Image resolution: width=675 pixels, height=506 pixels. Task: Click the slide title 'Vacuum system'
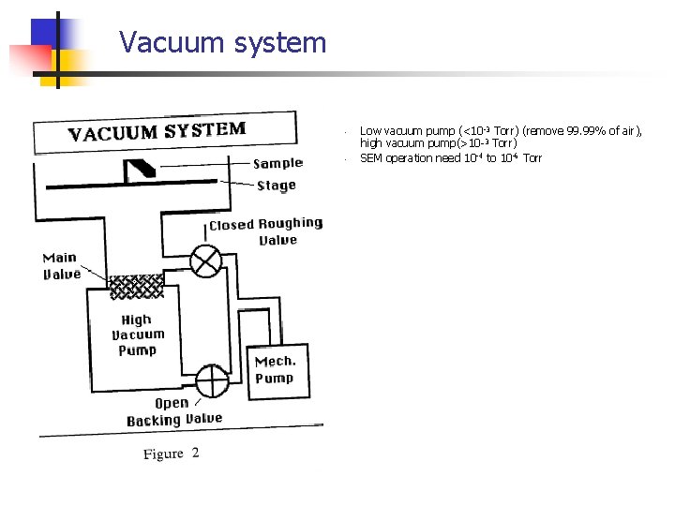[223, 43]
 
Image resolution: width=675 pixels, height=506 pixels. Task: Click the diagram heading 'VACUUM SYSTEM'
[157, 131]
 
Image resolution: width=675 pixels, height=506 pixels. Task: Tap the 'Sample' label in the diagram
[278, 164]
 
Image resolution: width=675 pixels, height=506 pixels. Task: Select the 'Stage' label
[277, 186]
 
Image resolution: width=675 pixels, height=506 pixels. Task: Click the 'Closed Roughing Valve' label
[266, 232]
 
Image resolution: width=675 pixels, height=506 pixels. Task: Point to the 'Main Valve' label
[62, 266]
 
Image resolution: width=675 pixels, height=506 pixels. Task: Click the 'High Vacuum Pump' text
[137, 335]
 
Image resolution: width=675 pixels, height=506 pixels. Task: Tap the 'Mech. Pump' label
[275, 369]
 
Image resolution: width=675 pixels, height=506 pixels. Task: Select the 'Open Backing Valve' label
[174, 411]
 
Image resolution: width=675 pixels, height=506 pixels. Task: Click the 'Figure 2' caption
[172, 454]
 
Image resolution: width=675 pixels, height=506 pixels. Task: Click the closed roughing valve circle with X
[204, 260]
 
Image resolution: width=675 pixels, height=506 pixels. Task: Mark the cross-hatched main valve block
[136, 286]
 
